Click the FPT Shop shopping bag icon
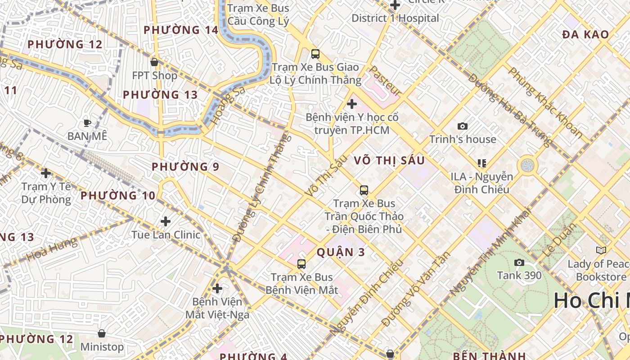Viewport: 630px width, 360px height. pos(154,62)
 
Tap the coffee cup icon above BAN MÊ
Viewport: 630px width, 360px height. pos(87,122)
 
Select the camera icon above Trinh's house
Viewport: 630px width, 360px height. pos(462,126)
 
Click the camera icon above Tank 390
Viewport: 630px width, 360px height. pos(519,262)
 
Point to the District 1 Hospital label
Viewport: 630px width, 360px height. pos(395,18)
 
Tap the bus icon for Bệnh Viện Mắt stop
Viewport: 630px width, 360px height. pos(301,264)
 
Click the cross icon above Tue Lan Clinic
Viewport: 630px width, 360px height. pos(166,221)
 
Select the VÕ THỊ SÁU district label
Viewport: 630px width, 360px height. pos(389,161)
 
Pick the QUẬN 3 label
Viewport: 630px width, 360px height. pos(341,252)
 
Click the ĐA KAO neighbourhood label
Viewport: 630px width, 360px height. pos(585,34)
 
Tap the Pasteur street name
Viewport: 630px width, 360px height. pos(385,81)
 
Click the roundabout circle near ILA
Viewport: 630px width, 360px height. pos(527,165)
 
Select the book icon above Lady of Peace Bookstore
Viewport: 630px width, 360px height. pos(601,250)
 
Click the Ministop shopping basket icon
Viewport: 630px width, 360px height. pos(102,333)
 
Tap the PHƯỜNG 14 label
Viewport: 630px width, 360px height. pos(180,30)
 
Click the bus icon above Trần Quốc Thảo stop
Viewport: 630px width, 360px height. pos(364,190)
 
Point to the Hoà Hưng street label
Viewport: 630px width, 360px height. pos(52,250)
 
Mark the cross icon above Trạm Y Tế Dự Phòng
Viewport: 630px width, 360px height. pos(45,173)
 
